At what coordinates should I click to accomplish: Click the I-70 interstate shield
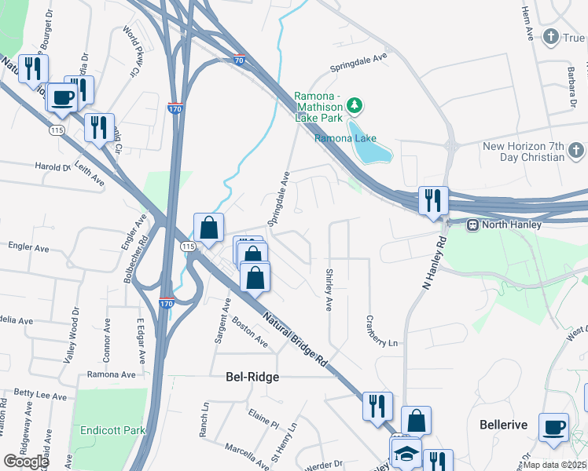pos(240,59)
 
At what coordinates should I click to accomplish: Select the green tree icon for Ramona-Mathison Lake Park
pos(355,104)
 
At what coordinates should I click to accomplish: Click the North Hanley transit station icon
pos(473,225)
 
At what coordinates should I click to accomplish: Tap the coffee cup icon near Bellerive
pos(553,428)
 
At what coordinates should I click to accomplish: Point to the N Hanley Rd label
pos(428,267)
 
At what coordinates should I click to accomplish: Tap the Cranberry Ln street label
pos(381,331)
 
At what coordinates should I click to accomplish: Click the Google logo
pos(25,462)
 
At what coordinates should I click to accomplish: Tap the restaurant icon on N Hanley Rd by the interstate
pos(433,200)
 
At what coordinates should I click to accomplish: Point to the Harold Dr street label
pos(53,166)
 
